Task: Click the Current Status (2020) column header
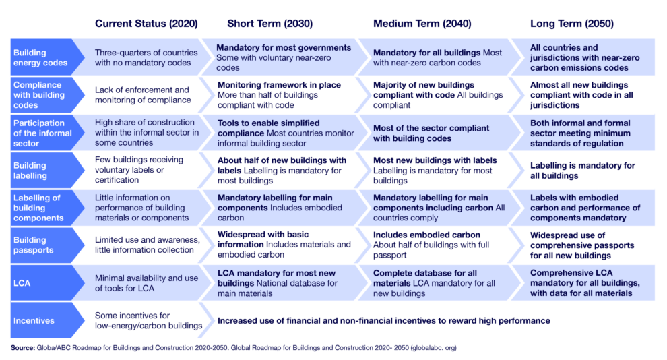click(x=146, y=24)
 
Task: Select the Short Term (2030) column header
click(x=269, y=24)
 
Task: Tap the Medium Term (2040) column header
click(x=422, y=24)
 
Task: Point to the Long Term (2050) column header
click(x=572, y=24)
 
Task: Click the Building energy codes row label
click(x=31, y=58)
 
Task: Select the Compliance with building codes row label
click(x=38, y=95)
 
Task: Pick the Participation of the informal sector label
click(x=39, y=133)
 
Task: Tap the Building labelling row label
click(x=31, y=171)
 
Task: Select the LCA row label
click(x=22, y=283)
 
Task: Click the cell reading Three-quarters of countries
click(x=146, y=58)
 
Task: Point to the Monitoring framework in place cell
click(x=279, y=95)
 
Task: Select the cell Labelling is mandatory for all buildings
click(x=582, y=171)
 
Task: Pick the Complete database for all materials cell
click(x=438, y=283)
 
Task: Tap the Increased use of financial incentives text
click(x=383, y=320)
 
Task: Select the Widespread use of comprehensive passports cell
click(x=582, y=245)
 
